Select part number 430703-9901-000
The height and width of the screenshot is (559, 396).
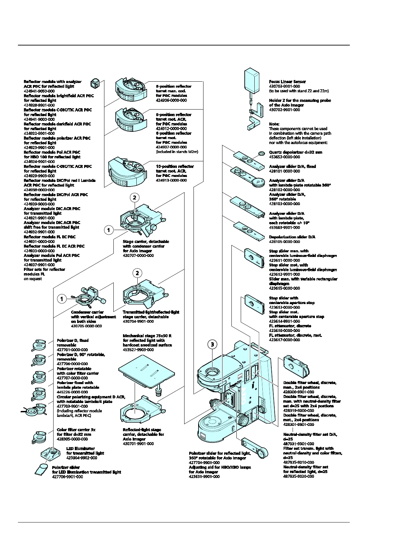click(x=284, y=86)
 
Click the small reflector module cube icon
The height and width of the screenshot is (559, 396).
click(x=95, y=82)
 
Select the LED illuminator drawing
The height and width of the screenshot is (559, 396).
click(x=50, y=453)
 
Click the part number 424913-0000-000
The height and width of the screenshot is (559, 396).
click(x=171, y=180)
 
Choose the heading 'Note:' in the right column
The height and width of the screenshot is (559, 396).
click(x=274, y=124)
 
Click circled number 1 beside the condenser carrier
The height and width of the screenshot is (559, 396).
click(x=62, y=299)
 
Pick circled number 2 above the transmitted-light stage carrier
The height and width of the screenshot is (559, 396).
click(x=137, y=273)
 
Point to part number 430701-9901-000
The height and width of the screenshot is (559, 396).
click(x=138, y=443)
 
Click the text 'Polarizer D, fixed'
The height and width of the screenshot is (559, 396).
click(x=72, y=340)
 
